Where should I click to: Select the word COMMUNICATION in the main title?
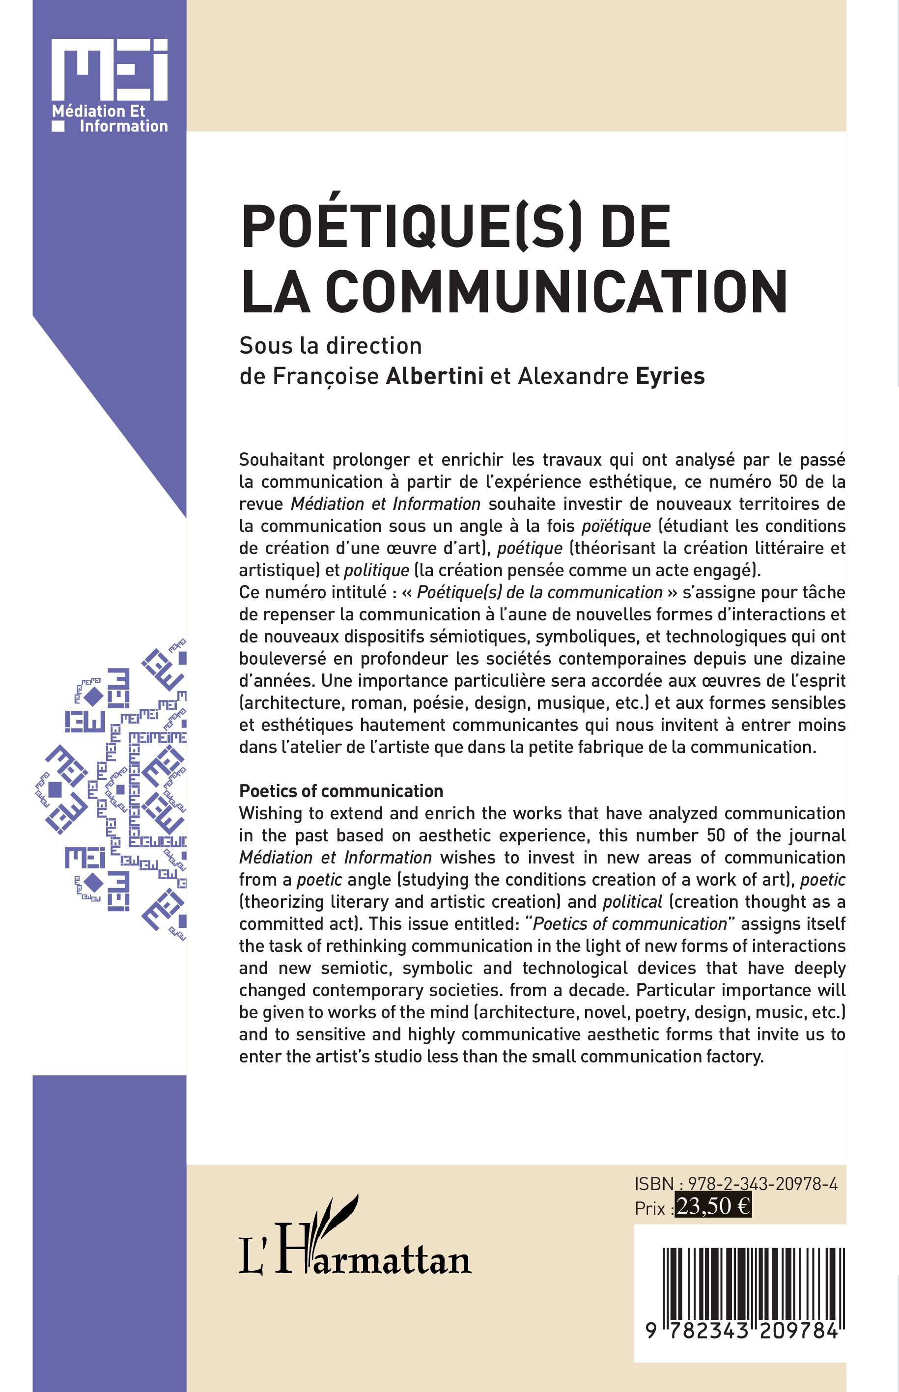click(556, 292)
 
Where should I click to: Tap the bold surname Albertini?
click(434, 376)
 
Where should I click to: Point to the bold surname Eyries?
click(670, 376)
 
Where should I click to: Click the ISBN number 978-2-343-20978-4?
click(763, 1184)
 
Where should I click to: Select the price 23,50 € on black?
click(713, 1206)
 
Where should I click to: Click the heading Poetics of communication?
click(341, 791)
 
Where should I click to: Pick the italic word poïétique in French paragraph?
click(616, 527)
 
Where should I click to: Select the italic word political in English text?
click(632, 902)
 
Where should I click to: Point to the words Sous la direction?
click(331, 346)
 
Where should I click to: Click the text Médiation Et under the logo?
click(98, 111)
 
